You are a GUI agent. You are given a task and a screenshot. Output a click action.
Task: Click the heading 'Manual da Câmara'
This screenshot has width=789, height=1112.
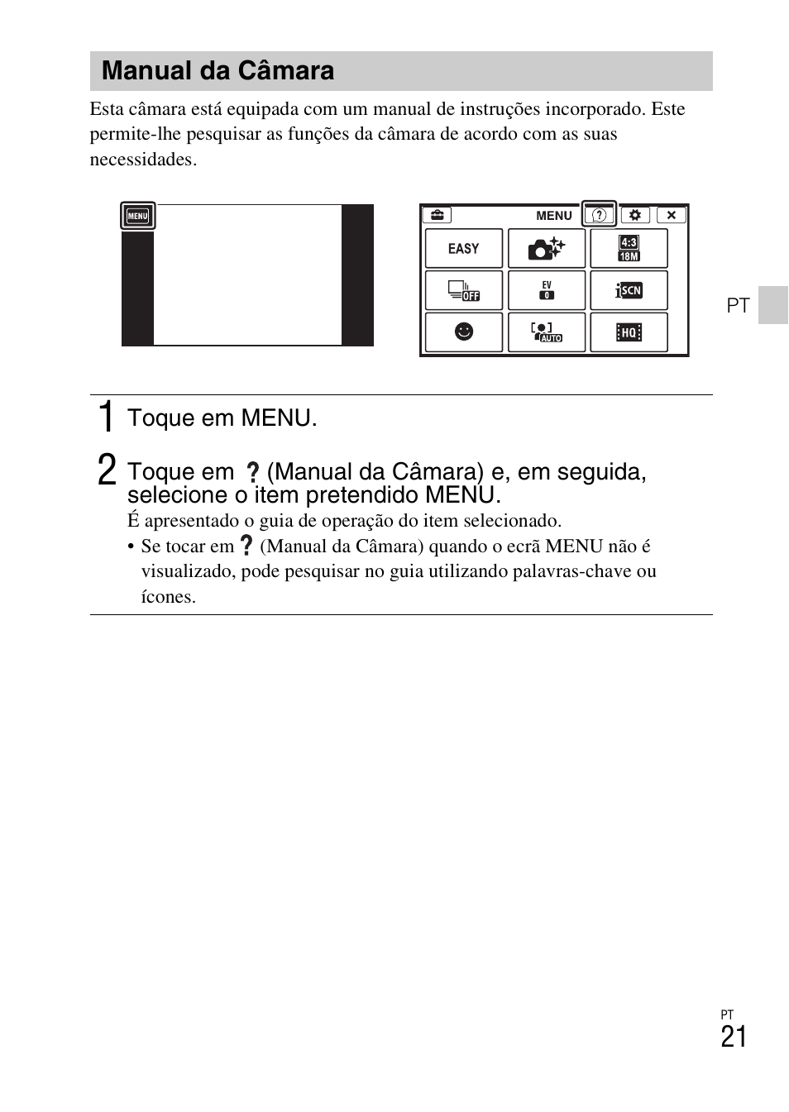click(x=218, y=71)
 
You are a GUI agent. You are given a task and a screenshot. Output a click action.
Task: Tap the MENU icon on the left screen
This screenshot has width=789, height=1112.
click(x=137, y=217)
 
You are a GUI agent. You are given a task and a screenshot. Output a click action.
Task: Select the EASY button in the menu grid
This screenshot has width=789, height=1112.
click(x=463, y=248)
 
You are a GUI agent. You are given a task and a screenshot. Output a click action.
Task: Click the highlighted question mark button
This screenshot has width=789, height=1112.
click(x=600, y=215)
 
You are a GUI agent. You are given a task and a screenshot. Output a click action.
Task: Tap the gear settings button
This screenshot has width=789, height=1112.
click(x=634, y=215)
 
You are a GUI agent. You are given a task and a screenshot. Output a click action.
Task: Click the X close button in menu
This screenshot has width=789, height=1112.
click(x=671, y=215)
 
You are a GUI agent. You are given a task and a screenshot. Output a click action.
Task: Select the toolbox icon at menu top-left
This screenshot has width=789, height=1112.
click(x=436, y=215)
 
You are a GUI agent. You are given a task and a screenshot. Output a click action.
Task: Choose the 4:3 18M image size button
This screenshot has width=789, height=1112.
click(x=629, y=248)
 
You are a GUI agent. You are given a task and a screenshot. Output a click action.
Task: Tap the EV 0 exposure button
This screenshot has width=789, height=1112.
click(x=546, y=290)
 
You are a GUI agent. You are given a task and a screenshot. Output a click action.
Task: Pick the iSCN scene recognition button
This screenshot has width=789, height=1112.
click(x=629, y=290)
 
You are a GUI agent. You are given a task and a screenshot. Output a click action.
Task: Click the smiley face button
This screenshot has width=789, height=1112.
click(x=463, y=332)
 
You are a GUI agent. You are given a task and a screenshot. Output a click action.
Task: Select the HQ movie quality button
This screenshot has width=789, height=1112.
click(x=629, y=332)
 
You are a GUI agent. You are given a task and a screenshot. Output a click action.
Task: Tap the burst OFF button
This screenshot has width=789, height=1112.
click(x=463, y=290)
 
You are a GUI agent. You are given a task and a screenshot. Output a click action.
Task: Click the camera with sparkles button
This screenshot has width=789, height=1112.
click(x=546, y=248)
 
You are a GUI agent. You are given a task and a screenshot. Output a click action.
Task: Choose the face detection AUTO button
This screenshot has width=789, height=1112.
click(x=546, y=332)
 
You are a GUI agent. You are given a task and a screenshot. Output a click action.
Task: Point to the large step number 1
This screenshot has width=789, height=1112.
click(x=106, y=417)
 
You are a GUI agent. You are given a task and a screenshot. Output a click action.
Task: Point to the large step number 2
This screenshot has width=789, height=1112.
click(x=106, y=470)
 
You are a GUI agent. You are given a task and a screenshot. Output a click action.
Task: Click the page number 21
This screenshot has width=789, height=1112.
click(x=733, y=1037)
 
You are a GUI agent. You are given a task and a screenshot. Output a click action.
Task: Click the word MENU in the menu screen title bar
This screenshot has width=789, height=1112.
click(x=553, y=216)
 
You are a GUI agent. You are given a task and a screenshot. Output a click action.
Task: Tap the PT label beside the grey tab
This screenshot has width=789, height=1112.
click(x=738, y=306)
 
